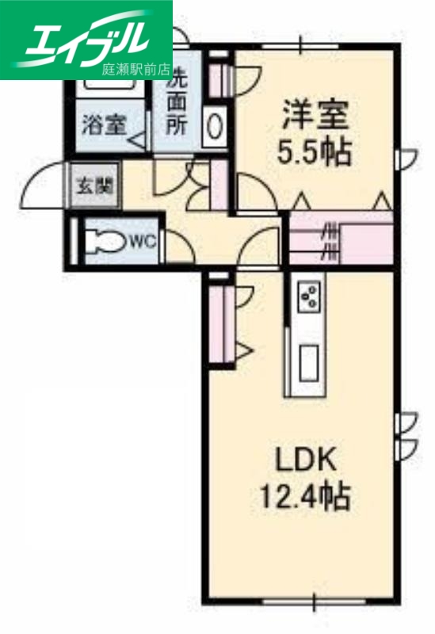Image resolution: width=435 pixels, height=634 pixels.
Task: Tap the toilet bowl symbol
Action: [107, 239]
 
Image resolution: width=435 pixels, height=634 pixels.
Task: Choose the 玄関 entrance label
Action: [93, 187]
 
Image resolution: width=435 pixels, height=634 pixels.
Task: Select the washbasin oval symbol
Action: [215, 124]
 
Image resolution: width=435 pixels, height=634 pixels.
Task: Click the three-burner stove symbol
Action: [308, 298]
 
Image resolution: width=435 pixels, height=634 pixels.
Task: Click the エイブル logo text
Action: [87, 36]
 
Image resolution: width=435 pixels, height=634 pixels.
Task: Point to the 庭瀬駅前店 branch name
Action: [136, 69]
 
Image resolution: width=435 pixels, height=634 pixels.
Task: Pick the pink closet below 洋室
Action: [341, 237]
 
